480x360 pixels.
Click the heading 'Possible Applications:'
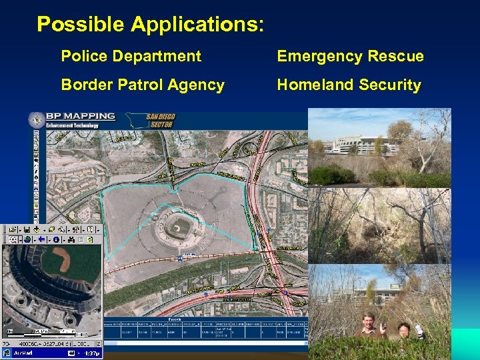(150, 25)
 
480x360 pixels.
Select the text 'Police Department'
(131, 56)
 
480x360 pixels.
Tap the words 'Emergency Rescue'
(350, 56)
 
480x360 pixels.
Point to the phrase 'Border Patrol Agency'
(143, 85)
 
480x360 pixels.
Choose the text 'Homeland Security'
(349, 85)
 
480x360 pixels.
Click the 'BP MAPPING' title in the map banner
(81, 117)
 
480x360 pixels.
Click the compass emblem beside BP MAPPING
(36, 120)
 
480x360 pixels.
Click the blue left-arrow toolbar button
(41, 239)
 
